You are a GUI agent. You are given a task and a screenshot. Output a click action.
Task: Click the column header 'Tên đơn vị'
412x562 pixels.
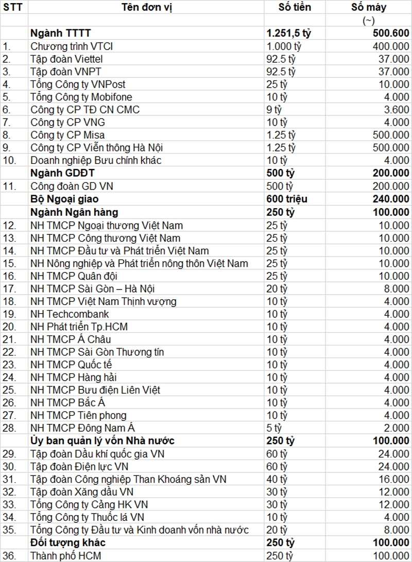tap(146, 7)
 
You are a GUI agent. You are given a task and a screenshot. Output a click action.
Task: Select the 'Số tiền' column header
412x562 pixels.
tap(295, 7)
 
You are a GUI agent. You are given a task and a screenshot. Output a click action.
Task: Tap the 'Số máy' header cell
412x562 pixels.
tap(369, 7)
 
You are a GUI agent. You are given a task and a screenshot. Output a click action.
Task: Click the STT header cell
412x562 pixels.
tap(12, 7)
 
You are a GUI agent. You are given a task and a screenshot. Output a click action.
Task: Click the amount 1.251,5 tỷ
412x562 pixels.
tap(289, 33)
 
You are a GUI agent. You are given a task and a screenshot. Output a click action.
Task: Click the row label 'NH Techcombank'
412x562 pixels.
tap(70, 314)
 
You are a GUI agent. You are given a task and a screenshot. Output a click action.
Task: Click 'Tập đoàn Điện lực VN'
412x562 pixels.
tap(79, 466)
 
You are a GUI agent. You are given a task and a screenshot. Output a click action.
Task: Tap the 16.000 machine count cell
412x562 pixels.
tap(392, 479)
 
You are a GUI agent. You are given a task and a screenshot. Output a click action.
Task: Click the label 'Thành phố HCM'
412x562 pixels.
tap(66, 555)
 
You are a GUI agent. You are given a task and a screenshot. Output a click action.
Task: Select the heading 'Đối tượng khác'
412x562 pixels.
tap(68, 542)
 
